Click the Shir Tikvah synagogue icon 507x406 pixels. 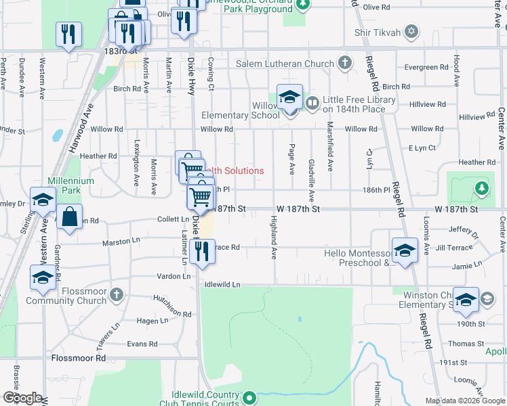[x=411, y=32]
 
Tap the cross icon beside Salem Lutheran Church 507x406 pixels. [x=345, y=64]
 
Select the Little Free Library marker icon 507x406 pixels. [x=312, y=104]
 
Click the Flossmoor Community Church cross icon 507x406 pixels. [x=117, y=294]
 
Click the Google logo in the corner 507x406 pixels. [x=22, y=398]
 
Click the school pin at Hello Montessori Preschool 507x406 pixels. [x=405, y=251]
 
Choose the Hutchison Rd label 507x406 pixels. [x=171, y=307]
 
